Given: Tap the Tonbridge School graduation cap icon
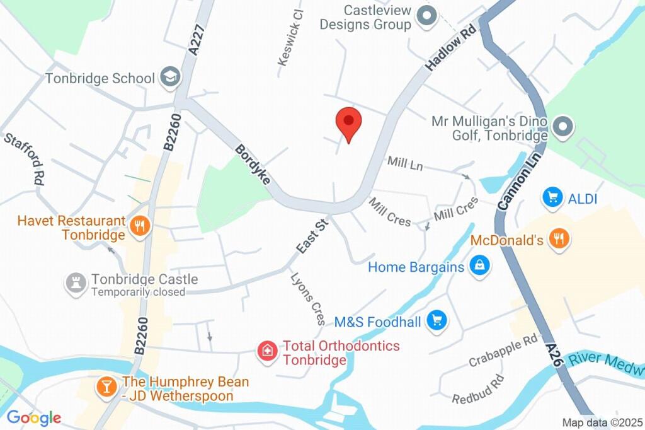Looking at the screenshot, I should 170,78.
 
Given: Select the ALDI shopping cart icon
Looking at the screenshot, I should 552,198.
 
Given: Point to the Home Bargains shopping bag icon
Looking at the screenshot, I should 479,266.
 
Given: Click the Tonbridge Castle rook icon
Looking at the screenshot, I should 76,284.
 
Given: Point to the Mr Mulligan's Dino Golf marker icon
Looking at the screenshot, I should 563,127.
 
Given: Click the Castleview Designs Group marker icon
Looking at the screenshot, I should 428,16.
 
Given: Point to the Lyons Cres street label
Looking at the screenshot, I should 308,298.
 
